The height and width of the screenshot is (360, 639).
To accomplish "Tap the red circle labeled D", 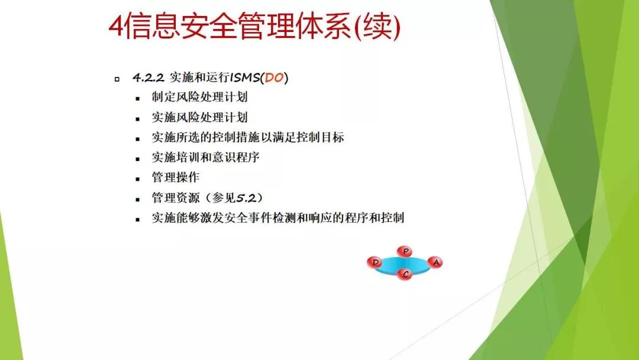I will point(375,262).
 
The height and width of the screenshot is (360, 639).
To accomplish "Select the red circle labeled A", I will point(435,262).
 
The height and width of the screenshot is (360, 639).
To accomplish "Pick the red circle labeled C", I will point(405,274).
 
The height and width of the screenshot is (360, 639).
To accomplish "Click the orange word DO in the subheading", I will point(274,78).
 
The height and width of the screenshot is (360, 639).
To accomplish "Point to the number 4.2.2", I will point(148,78).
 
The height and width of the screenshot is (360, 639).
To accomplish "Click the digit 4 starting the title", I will point(117,27).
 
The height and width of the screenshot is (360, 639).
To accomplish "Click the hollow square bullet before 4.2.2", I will point(117,79).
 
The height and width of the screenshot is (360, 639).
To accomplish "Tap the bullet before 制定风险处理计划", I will point(138,98).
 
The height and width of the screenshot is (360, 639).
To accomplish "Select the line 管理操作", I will point(175,177).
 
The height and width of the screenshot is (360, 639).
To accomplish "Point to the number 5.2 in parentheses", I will point(248,198).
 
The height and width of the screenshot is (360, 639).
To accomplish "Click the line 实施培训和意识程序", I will point(205,157).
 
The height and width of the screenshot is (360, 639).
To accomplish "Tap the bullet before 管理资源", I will point(138,199).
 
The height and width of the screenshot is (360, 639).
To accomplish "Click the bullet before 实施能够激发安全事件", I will point(138,219).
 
